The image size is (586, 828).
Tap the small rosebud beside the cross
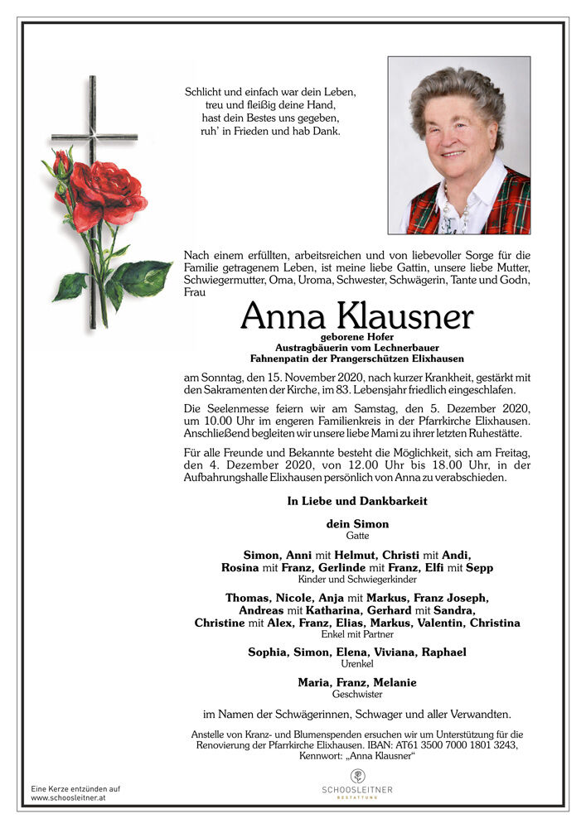coord(61,163)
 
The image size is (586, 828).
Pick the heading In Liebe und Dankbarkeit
coord(357,501)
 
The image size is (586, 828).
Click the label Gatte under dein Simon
coord(358,536)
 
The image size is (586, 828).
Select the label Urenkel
coord(357,664)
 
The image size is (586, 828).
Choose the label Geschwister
coord(357,695)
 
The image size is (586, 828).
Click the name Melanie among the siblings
coord(394,682)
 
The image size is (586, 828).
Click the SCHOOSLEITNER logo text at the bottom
coord(357,790)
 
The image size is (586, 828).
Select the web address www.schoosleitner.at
coord(68,797)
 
